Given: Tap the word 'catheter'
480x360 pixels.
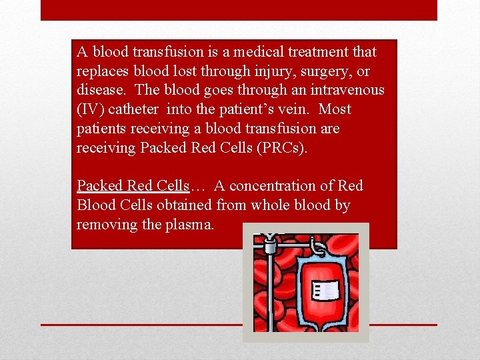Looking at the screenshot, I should pos(137,109).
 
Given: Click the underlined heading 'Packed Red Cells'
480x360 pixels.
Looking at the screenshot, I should pos(133,186).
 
